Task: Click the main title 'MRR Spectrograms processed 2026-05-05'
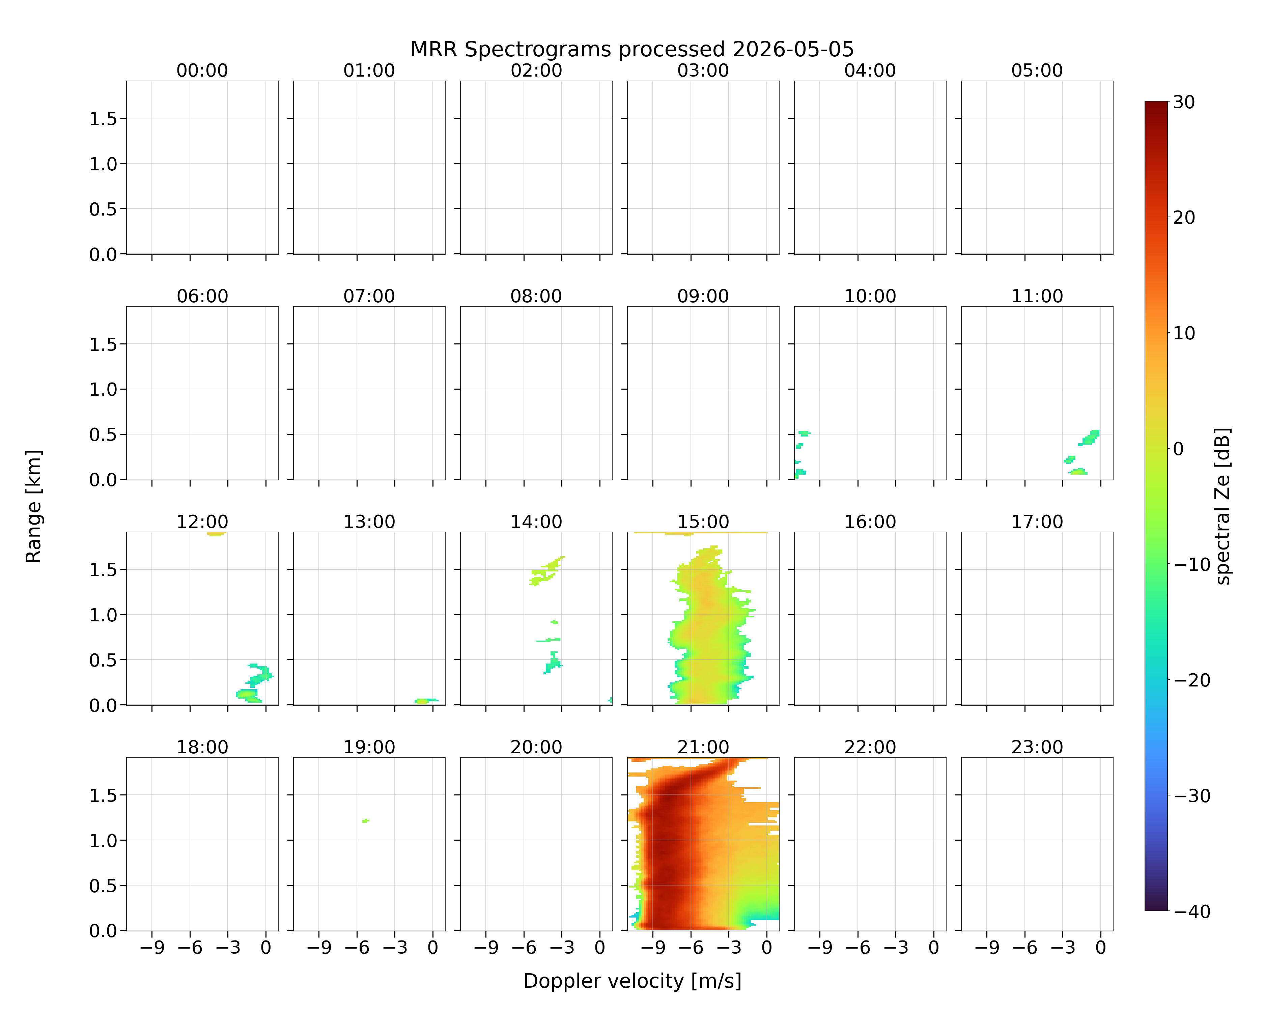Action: (x=632, y=49)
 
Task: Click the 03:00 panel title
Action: (x=703, y=71)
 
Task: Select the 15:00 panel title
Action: (x=703, y=522)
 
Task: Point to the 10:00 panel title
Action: (x=870, y=296)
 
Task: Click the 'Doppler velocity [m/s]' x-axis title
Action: (x=632, y=981)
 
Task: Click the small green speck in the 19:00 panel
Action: (x=366, y=821)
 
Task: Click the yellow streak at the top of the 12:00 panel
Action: (x=216, y=534)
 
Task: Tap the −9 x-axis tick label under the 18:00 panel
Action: (x=151, y=948)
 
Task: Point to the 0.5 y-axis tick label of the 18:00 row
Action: (x=103, y=885)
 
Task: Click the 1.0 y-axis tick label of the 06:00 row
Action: (x=103, y=390)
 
